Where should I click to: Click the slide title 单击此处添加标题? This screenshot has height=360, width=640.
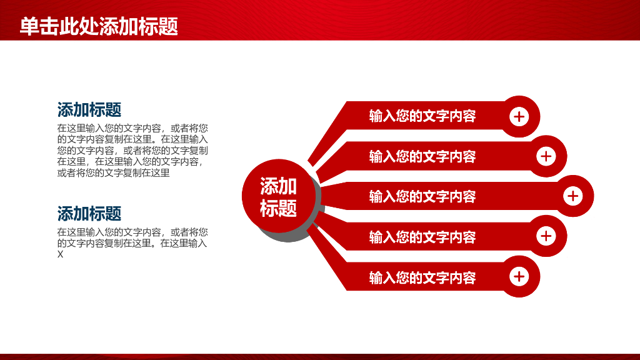pyautogui.click(x=99, y=27)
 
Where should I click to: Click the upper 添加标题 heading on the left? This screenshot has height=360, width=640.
pyautogui.click(x=89, y=110)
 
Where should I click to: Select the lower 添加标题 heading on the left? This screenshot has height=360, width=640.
pyautogui.click(x=89, y=214)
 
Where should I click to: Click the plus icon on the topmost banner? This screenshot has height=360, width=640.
pyautogui.click(x=519, y=116)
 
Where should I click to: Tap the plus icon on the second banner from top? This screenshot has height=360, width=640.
pyautogui.click(x=546, y=156)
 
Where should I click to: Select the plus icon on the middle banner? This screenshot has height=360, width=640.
pyautogui.click(x=572, y=196)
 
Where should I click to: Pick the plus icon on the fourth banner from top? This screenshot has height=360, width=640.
pyautogui.click(x=546, y=236)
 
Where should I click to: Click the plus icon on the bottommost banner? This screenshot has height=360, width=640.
pyautogui.click(x=519, y=276)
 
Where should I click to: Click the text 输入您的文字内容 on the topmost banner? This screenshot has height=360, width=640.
pyautogui.click(x=422, y=116)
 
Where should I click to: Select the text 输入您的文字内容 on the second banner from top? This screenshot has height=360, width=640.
pyautogui.click(x=422, y=156)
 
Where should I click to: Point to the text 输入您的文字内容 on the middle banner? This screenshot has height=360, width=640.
pyautogui.click(x=422, y=197)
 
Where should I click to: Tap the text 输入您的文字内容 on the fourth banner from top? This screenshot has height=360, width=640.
pyautogui.click(x=422, y=237)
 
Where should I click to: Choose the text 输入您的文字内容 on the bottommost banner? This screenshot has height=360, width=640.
pyautogui.click(x=422, y=277)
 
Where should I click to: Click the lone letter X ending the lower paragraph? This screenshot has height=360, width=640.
pyautogui.click(x=61, y=255)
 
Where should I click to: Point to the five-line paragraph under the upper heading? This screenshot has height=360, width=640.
pyautogui.click(x=132, y=151)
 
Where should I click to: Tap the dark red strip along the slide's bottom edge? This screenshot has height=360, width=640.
pyautogui.click(x=320, y=356)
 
